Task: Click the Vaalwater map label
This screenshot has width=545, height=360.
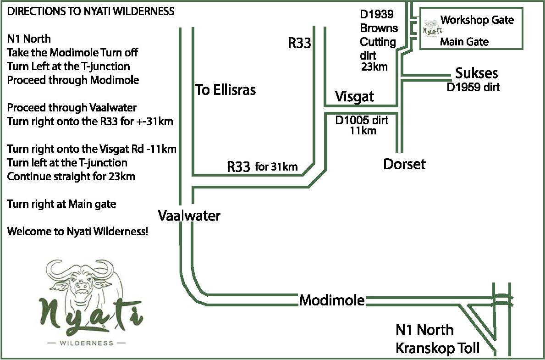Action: pos(189,216)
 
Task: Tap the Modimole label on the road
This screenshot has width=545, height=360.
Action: pos(332,300)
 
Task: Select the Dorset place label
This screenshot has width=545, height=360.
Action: pos(404,164)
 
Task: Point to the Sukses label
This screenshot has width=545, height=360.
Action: pos(476,73)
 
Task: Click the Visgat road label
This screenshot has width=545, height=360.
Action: pos(354,97)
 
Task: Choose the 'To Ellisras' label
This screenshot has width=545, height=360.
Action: pos(226,89)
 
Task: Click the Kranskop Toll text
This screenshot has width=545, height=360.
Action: pos(437,348)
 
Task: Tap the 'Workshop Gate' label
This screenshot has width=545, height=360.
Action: pos(477,20)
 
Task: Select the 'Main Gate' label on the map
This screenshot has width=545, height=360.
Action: pos(464,42)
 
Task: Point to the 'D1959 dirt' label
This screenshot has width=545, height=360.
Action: pos(473,87)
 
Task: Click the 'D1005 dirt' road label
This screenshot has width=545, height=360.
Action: pos(362,121)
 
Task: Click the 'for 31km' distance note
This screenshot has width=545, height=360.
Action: pos(276,167)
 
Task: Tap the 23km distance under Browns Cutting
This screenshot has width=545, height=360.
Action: pos(374,67)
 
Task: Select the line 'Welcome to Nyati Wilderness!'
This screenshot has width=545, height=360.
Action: pos(77,231)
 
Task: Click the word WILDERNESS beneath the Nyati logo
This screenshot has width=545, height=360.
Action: pos(87,343)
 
